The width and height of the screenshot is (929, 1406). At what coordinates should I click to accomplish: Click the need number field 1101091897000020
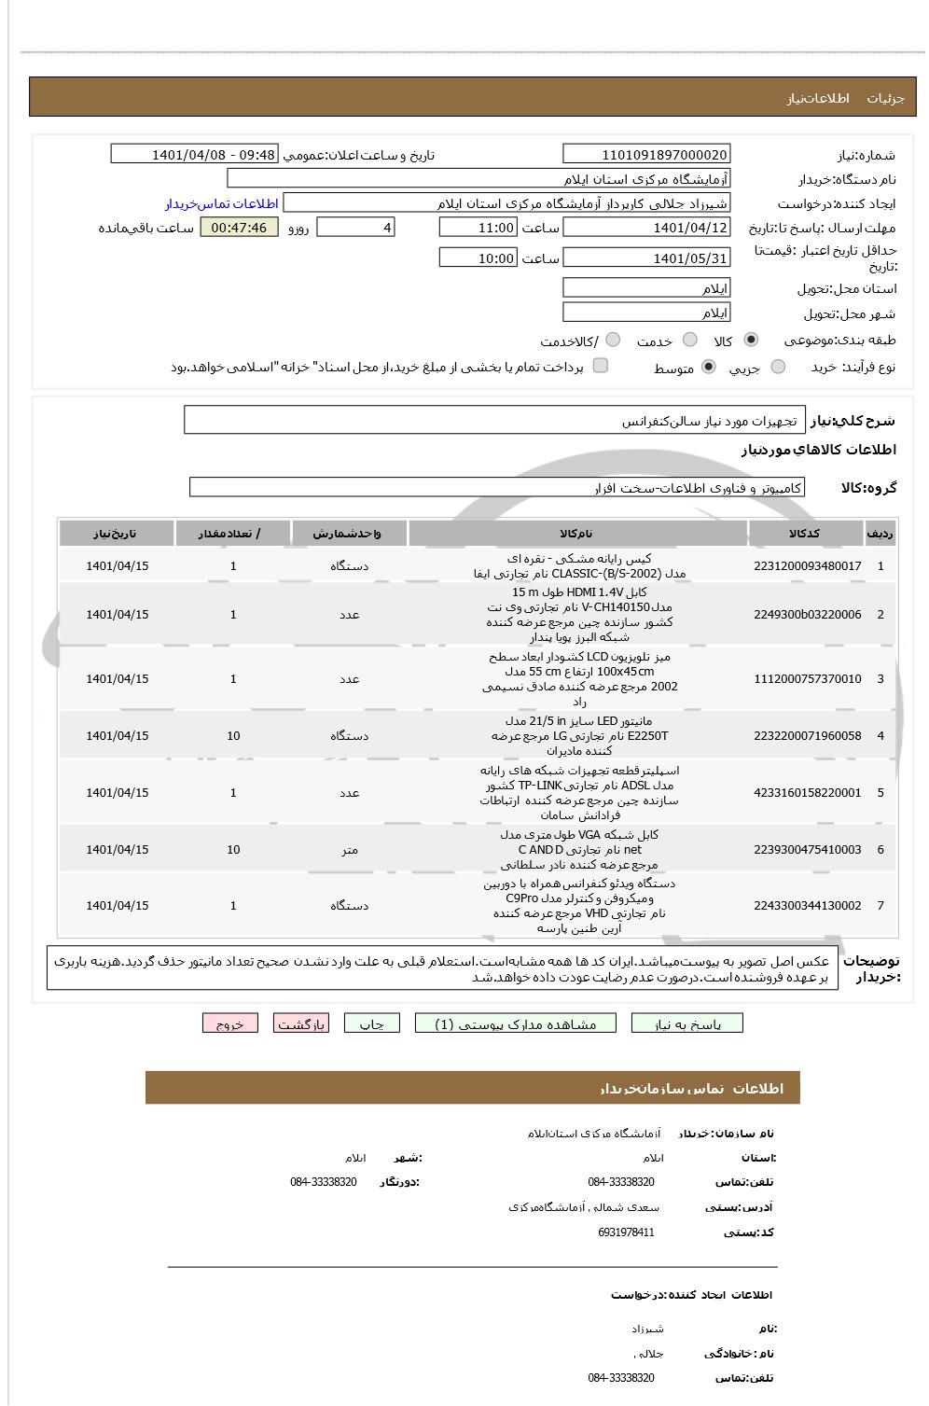point(646,155)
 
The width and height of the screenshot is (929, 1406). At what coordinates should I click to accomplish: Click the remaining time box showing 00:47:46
point(239,228)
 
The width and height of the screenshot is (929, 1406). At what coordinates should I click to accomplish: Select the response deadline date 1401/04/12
point(646,228)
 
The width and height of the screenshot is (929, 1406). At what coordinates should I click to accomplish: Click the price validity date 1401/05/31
point(646,258)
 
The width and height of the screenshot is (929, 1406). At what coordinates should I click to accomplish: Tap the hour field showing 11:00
point(478,228)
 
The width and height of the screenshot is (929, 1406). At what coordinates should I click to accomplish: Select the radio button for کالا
point(752,341)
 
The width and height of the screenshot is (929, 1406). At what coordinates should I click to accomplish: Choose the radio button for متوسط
point(709,368)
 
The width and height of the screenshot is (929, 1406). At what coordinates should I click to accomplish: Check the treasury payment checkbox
point(601,366)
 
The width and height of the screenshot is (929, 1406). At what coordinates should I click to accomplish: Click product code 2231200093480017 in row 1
point(807,566)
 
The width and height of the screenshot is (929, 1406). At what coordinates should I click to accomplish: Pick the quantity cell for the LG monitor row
point(233,736)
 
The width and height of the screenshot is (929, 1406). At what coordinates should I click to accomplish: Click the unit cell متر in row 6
point(349,850)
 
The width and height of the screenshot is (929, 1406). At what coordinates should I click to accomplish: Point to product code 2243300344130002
point(807,906)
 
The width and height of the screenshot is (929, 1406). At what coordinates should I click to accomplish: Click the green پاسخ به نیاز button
point(687,1024)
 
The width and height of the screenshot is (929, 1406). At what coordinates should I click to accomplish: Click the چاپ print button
point(371,1024)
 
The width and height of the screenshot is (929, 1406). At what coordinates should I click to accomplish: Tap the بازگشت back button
point(301,1024)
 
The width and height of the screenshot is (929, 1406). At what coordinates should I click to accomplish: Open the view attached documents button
point(516,1024)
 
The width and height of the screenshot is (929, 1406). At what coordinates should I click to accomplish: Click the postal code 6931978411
point(626,1232)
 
